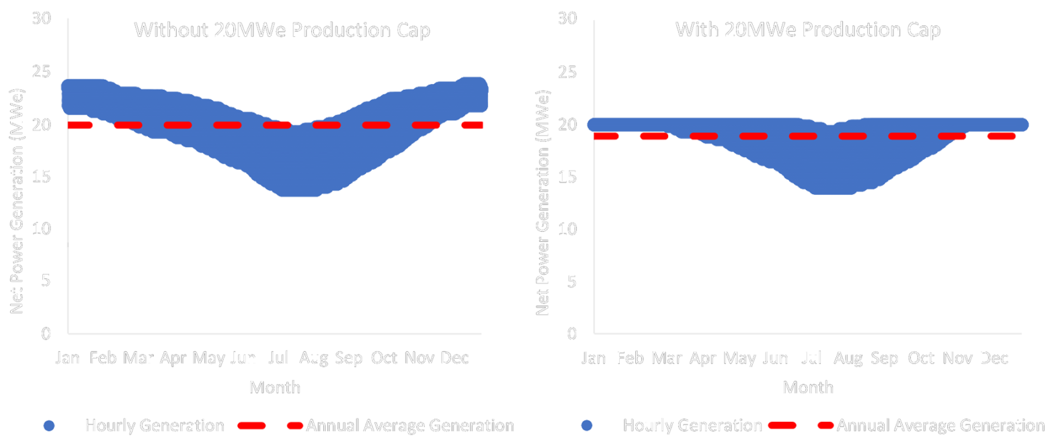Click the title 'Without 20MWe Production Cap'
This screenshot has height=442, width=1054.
pyautogui.click(x=282, y=31)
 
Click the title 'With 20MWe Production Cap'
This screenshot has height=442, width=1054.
pyautogui.click(x=808, y=30)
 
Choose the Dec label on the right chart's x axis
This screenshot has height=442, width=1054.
pyautogui.click(x=994, y=359)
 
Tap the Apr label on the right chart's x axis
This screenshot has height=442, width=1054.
pyautogui.click(x=703, y=359)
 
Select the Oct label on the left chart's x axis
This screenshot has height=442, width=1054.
pyautogui.click(x=384, y=359)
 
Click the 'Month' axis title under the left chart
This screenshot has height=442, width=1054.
pyautogui.click(x=274, y=388)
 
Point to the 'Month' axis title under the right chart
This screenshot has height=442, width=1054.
pyautogui.click(x=808, y=388)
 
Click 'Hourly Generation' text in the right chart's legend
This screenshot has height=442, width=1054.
pyautogui.click(x=692, y=425)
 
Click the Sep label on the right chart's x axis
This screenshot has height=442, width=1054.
pyautogui.click(x=885, y=359)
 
